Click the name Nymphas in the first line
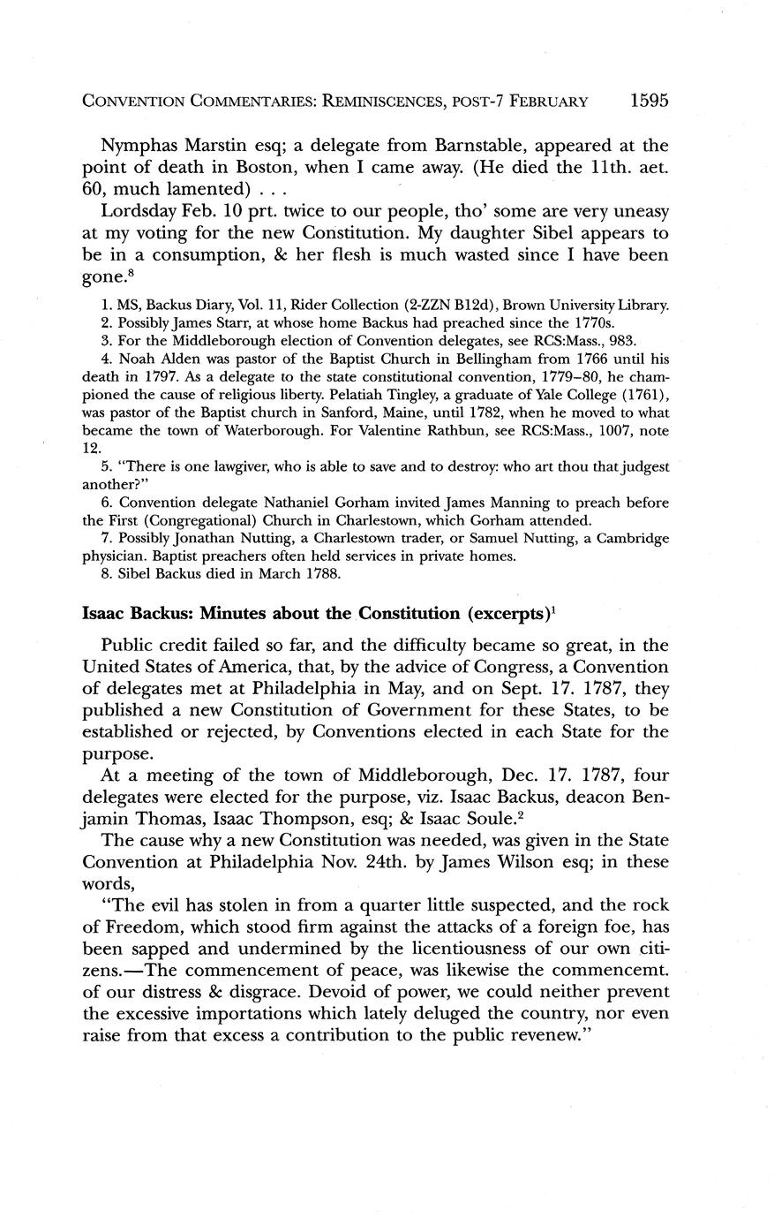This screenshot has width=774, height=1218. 137,144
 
